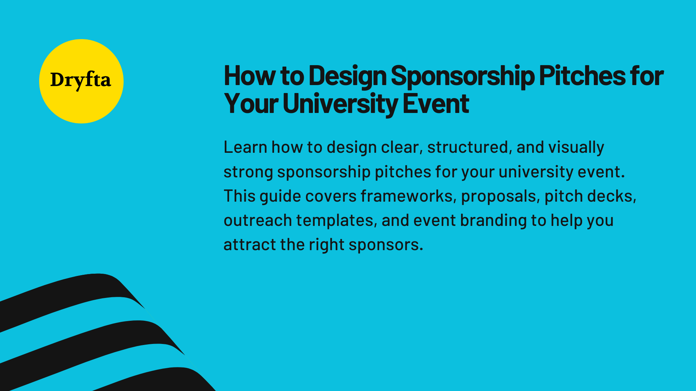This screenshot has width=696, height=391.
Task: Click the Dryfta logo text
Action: coord(80,80)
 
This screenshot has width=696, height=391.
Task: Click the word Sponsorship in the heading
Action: coord(462,76)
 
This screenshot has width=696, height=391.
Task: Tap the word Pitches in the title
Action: coord(582,76)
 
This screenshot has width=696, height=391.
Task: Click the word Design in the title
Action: coord(347,76)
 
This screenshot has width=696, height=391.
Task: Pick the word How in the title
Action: coord(250,76)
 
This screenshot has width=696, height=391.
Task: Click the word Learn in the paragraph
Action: coord(245,147)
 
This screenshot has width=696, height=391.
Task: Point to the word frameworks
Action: coord(406,196)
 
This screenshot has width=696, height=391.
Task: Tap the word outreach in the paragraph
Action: coord(258,220)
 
